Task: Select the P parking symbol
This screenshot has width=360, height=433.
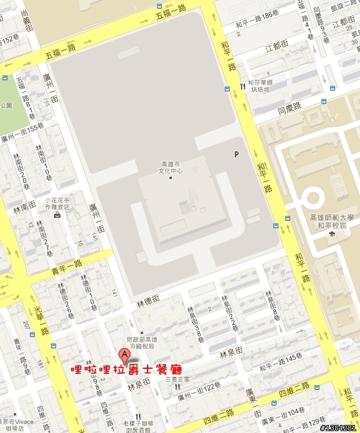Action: coord(236,154)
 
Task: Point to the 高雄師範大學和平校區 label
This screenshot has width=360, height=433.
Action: coord(331,221)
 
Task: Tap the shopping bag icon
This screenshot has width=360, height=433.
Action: coord(57,216)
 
